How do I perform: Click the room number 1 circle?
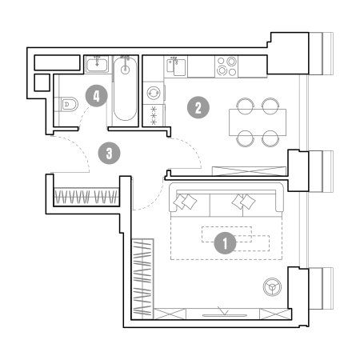point(226,243)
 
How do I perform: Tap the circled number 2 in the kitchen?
point(198,108)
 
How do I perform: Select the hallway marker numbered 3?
point(109,154)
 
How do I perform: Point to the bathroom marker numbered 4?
point(96,96)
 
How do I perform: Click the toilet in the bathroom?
point(69,104)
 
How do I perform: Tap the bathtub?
point(125,89)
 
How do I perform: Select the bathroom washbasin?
point(97,64)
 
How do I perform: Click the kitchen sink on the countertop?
point(176,66)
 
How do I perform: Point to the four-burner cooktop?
point(226,66)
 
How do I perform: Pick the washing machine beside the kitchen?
point(154,93)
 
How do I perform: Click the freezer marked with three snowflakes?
point(154,115)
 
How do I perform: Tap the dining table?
point(258,122)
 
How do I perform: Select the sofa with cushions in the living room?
point(226,200)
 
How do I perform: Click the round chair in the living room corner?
point(272,287)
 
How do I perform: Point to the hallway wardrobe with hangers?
point(86,197)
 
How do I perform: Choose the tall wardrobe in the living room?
point(143,279)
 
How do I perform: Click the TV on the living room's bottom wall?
point(225,315)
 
